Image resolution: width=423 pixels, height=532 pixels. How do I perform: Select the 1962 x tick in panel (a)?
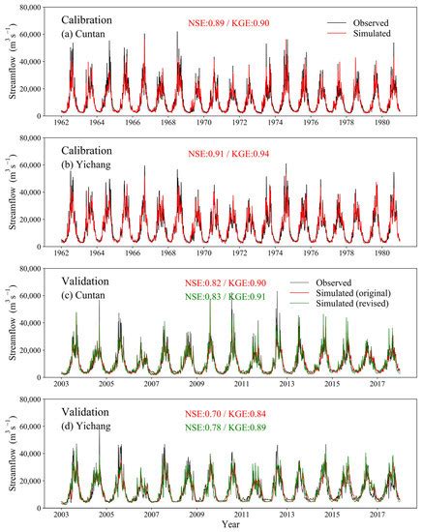click(66, 124)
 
